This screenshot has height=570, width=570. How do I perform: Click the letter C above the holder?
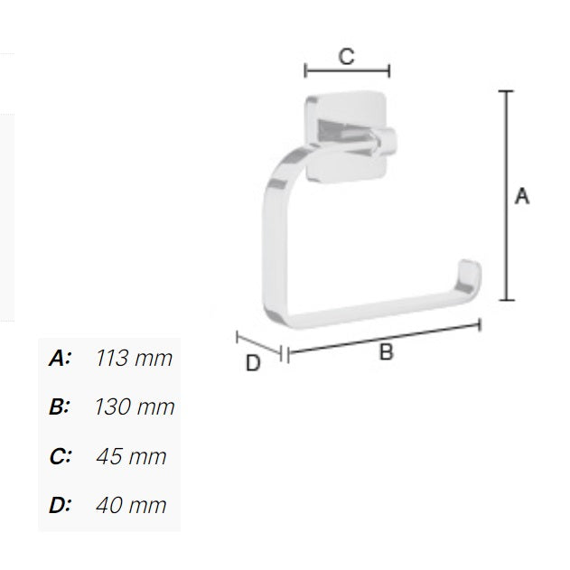coord(346,56)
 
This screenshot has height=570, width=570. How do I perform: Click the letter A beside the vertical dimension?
coord(521,195)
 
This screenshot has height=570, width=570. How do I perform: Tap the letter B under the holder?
coord(386,353)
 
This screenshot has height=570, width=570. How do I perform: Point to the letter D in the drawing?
coord(254,363)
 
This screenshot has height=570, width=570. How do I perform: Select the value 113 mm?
coord(134,359)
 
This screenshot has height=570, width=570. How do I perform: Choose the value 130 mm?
coord(134,407)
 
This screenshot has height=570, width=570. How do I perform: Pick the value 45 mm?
coord(132,456)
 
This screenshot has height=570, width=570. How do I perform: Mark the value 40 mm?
coord(132,505)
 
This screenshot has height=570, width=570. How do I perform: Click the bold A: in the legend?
coord(60,359)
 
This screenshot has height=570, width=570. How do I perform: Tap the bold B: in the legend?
coord(60,407)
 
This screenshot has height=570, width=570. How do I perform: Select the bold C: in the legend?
coord(60,456)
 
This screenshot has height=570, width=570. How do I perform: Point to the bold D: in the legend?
coord(60,505)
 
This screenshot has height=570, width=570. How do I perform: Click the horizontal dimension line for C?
coord(347,70)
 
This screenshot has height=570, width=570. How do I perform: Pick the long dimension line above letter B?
coord(384,338)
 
